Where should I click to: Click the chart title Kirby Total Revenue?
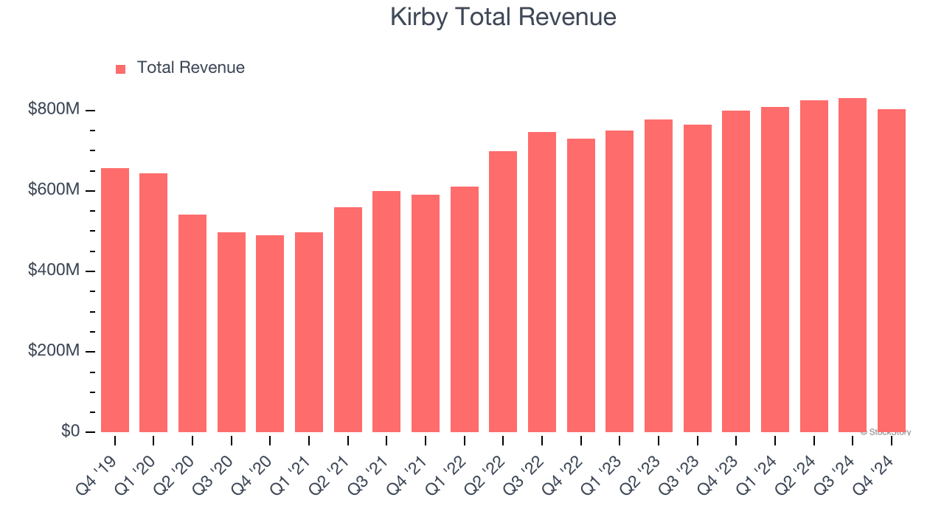pyautogui.click(x=503, y=17)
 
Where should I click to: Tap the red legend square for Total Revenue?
pyautogui.click(x=121, y=69)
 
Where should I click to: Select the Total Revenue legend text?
pyautogui.click(x=190, y=68)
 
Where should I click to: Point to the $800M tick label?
pyautogui.click(x=53, y=110)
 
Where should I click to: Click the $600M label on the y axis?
pyautogui.click(x=53, y=190)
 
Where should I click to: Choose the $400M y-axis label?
pyautogui.click(x=53, y=271)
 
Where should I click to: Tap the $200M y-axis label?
pyautogui.click(x=53, y=351)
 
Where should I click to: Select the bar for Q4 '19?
pyautogui.click(x=115, y=300)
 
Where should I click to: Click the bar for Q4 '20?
pyautogui.click(x=270, y=333)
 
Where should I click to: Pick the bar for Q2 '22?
pyautogui.click(x=503, y=291)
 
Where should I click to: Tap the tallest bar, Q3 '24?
pyautogui.click(x=853, y=265)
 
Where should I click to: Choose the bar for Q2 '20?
pyautogui.click(x=192, y=323)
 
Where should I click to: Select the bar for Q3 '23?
pyautogui.click(x=698, y=278)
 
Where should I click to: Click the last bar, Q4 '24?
pyautogui.click(x=891, y=271)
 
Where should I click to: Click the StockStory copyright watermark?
pyautogui.click(x=886, y=432)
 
